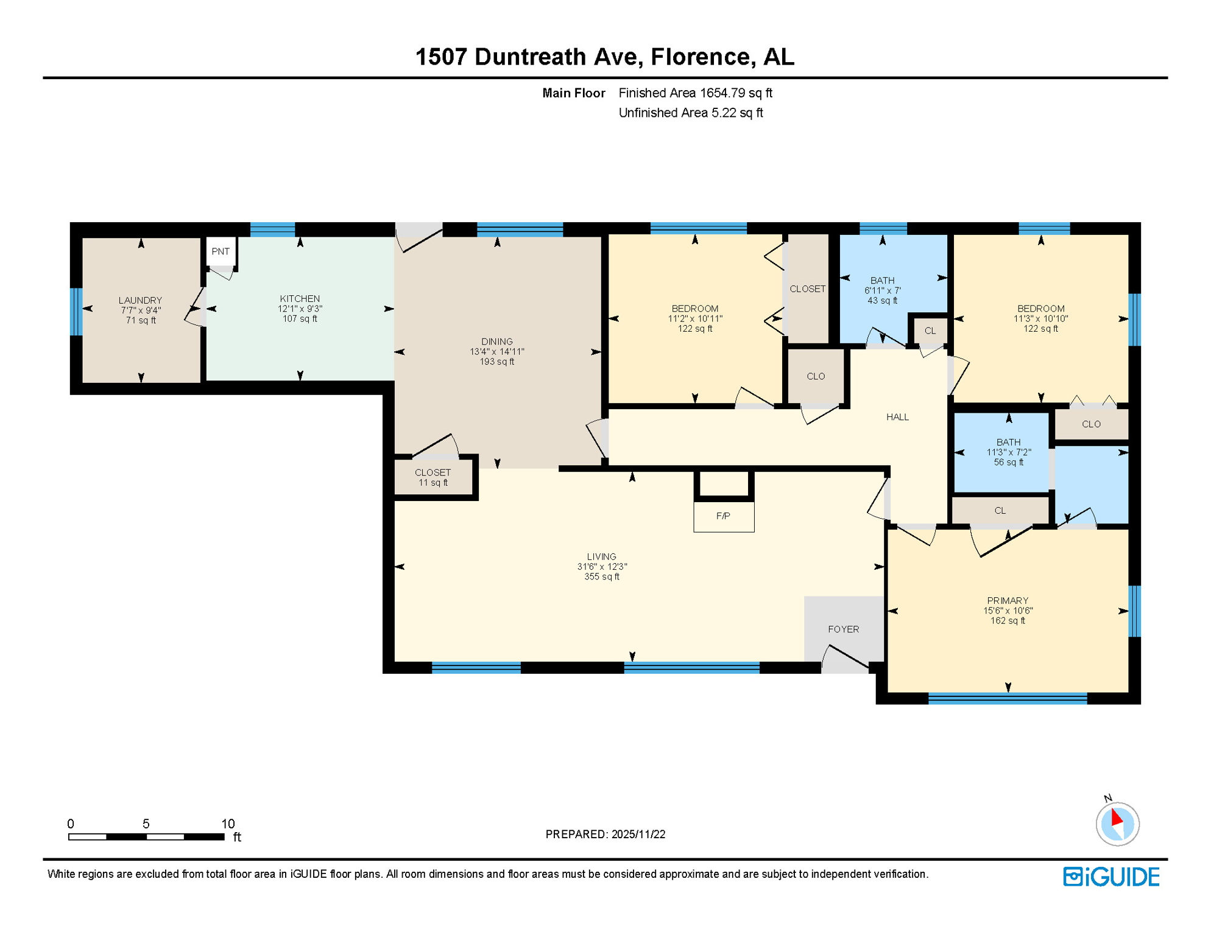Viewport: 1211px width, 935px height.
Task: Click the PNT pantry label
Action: click(221, 251)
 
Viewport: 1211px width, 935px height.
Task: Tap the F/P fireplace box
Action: click(723, 516)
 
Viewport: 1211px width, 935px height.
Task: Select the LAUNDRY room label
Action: click(140, 300)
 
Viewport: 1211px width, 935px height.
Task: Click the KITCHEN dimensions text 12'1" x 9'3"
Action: click(300, 309)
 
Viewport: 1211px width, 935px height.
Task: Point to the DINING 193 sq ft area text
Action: click(496, 362)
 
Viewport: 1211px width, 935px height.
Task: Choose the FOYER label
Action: click(843, 629)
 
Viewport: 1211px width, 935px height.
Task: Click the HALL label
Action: click(897, 417)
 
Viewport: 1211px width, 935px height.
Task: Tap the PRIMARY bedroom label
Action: click(1007, 600)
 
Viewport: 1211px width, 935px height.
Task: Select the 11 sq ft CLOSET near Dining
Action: click(432, 477)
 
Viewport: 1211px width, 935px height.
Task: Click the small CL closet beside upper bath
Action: click(930, 331)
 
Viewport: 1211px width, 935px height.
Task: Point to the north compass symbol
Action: click(1117, 823)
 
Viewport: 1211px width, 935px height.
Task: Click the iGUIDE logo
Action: click(1110, 877)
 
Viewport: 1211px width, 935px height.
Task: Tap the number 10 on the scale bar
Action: click(228, 824)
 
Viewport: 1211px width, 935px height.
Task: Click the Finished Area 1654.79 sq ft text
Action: click(695, 93)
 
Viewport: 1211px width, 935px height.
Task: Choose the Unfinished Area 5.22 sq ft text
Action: click(690, 113)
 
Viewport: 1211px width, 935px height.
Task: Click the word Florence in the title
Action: click(700, 57)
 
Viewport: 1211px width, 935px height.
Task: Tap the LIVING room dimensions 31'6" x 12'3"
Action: click(602, 566)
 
